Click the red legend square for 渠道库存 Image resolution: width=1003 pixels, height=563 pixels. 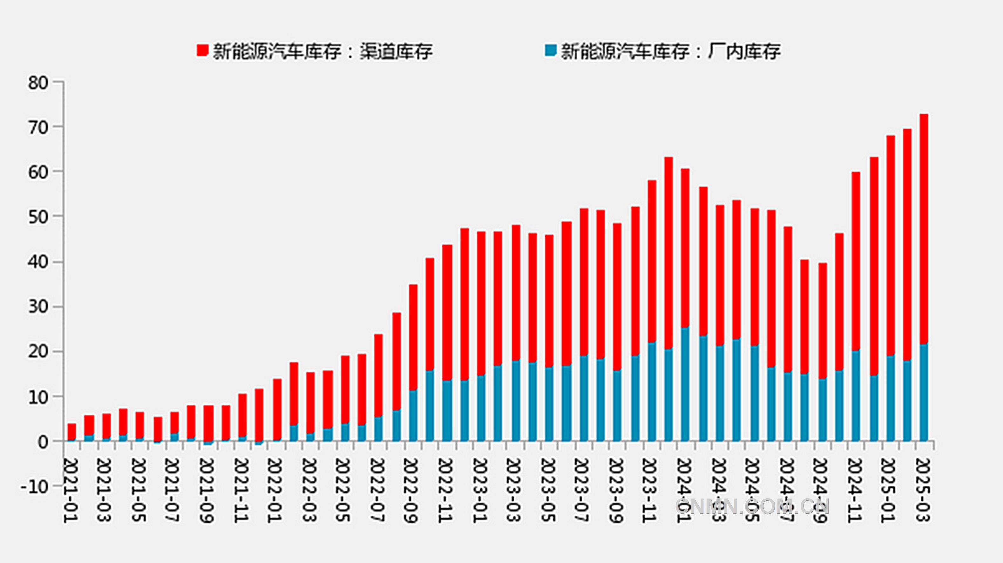point(202,51)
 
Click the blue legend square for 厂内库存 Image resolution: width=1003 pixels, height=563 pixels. point(551,51)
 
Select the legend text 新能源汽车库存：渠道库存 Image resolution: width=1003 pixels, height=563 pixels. point(322,51)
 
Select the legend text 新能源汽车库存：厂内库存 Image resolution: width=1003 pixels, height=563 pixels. point(670,51)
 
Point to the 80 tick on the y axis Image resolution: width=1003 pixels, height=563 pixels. point(38,83)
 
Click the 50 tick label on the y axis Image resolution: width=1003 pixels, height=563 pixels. point(38,216)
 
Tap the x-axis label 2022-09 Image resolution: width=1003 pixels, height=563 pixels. point(410,491)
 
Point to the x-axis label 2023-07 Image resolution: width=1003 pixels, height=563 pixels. point(581,491)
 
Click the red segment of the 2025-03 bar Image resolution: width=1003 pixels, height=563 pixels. point(924,228)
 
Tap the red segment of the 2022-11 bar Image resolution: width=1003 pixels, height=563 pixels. point(447,311)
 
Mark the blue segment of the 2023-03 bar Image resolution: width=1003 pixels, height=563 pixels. point(516,401)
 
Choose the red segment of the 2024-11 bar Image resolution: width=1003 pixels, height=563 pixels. point(856,261)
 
